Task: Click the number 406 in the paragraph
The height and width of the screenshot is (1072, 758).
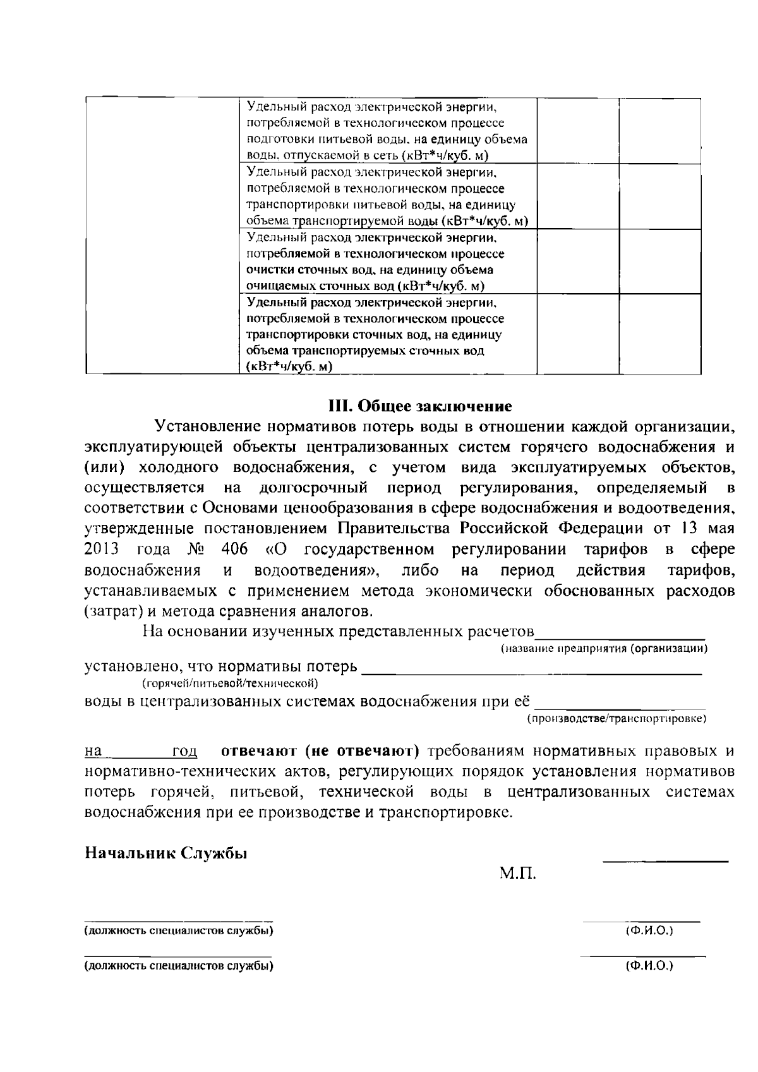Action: pyautogui.click(x=234, y=549)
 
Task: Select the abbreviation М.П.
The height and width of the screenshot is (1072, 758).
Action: pyautogui.click(x=518, y=874)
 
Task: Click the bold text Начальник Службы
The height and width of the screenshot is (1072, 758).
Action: pyautogui.click(x=166, y=853)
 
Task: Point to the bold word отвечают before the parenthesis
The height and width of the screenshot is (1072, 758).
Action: pyautogui.click(x=258, y=751)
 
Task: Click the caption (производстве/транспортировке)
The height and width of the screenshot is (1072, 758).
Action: pyautogui.click(x=616, y=719)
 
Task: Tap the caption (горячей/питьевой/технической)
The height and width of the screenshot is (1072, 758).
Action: pyautogui.click(x=229, y=684)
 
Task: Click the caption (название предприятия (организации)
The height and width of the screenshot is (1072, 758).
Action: pyautogui.click(x=604, y=649)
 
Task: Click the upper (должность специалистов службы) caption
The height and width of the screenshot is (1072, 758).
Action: pyautogui.click(x=179, y=931)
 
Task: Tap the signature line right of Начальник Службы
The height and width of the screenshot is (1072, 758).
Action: pyautogui.click(x=665, y=860)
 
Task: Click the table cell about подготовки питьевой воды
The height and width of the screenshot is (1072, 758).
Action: pyautogui.click(x=387, y=131)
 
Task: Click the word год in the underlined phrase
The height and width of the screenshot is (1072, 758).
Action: pyautogui.click(x=184, y=752)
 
